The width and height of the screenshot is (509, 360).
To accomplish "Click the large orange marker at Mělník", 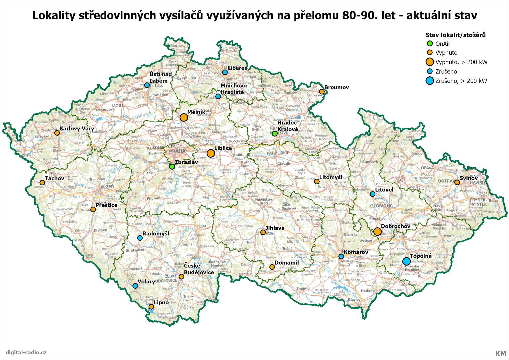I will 184,117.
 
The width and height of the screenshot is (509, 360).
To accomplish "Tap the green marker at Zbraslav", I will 172,167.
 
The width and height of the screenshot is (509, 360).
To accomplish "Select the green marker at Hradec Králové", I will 275,133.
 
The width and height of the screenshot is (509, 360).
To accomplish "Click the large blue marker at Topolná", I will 406,261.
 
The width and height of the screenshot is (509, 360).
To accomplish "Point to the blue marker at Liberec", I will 225,72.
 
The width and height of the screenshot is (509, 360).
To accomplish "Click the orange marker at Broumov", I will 322,92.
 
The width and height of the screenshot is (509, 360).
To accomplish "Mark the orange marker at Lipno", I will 151,307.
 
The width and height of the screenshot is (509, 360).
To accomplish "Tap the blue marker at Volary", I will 135,286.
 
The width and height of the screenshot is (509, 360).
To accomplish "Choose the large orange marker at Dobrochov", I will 377,231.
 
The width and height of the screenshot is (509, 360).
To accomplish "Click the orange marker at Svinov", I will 457,182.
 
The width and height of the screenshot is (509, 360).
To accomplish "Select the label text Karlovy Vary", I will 77,129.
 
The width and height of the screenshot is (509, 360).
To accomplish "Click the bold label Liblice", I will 223,148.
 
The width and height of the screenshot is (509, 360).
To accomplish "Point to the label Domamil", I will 287,262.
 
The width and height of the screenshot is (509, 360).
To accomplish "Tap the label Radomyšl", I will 155,233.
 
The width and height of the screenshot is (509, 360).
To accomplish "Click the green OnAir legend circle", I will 430,44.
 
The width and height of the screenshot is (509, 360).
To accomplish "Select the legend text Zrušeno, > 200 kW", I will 461,81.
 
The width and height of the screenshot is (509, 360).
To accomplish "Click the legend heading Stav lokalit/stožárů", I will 455,35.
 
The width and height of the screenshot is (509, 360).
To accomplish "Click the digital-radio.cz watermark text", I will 26,352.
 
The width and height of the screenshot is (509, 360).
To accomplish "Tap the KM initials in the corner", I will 500,353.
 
